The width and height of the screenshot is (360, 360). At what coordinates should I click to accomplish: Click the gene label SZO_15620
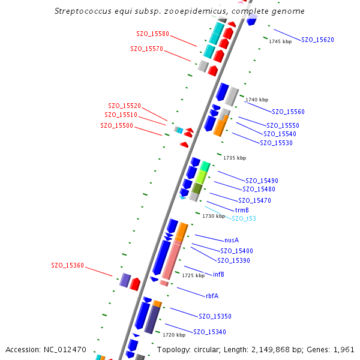click(x=317, y=40)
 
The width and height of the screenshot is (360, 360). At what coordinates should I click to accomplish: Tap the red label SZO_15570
click(x=146, y=49)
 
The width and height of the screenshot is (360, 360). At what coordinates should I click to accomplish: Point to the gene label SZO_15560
click(x=288, y=112)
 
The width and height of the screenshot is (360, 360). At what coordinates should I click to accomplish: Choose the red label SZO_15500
click(x=116, y=125)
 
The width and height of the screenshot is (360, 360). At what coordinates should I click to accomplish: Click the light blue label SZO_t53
click(x=244, y=218)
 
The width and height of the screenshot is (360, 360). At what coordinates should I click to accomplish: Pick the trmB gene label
click(x=242, y=210)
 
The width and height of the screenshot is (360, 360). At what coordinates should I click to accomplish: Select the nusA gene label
click(x=232, y=239)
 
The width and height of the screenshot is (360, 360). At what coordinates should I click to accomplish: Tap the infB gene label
click(x=218, y=274)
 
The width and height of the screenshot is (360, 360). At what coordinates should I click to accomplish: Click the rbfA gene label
click(x=212, y=295)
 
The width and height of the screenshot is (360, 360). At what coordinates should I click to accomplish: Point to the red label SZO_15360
click(x=67, y=265)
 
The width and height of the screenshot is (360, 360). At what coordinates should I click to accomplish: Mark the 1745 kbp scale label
click(x=280, y=41)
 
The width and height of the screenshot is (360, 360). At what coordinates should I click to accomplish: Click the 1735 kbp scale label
click(x=235, y=158)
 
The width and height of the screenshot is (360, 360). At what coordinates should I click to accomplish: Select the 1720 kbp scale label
click(x=173, y=335)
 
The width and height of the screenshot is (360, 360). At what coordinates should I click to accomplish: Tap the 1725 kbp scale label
click(x=193, y=275)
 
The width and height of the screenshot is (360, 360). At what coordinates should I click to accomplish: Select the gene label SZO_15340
click(x=209, y=332)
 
